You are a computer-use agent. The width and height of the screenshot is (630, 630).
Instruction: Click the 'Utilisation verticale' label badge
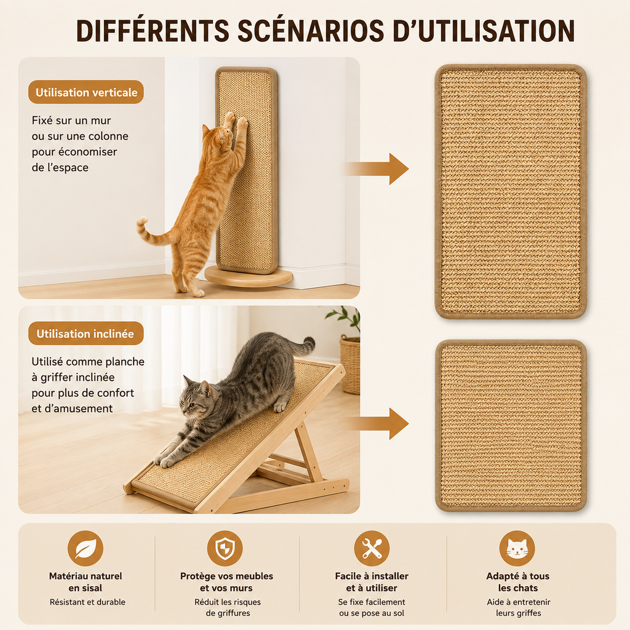[86, 92]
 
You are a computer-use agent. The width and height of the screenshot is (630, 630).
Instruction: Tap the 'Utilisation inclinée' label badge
[86, 333]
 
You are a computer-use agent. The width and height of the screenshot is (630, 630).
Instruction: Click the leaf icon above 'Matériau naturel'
[85, 548]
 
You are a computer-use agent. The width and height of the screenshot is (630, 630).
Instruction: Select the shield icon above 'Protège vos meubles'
[225, 548]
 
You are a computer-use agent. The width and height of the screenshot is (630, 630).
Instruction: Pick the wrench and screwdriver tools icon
[372, 548]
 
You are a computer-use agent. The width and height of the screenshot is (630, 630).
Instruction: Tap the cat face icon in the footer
[517, 548]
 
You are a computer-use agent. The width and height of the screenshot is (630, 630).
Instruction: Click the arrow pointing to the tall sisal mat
[377, 169]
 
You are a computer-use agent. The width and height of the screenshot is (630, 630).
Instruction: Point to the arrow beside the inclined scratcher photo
[377, 423]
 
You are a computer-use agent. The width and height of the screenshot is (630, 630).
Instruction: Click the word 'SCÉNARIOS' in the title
[311, 31]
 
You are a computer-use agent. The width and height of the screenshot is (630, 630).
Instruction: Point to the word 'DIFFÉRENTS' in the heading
[153, 31]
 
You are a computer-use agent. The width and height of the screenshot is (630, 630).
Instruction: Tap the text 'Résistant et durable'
[87, 602]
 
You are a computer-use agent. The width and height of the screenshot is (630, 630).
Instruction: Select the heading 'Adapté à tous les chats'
[517, 582]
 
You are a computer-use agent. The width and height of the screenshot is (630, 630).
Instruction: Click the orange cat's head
[217, 136]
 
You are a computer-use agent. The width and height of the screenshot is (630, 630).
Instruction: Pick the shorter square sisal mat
[511, 426]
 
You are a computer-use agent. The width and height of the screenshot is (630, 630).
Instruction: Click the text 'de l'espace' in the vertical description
[60, 167]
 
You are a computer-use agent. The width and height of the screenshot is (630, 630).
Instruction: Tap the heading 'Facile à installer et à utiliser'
[372, 582]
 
